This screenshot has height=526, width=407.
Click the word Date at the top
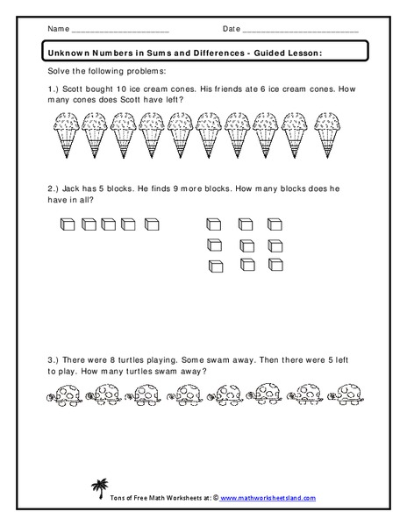coord(232,29)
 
